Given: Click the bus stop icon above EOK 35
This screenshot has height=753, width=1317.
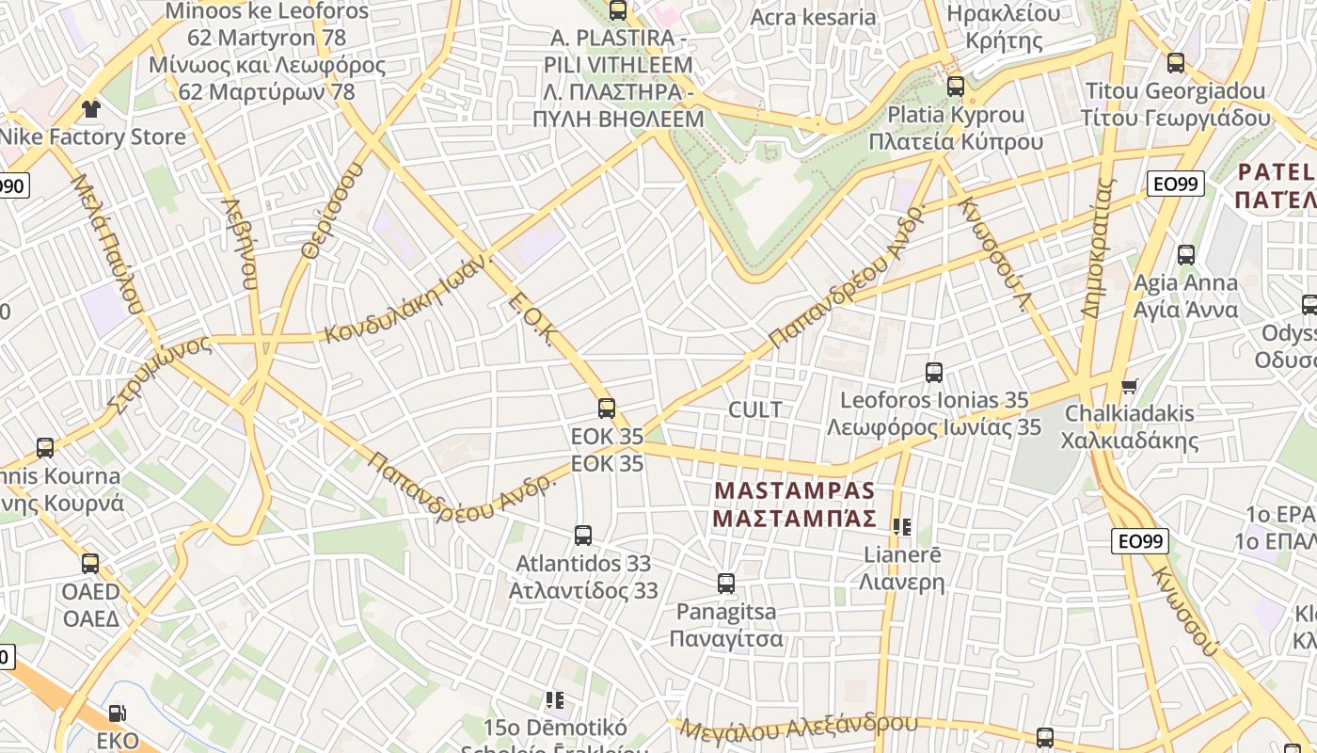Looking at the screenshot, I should (607, 409).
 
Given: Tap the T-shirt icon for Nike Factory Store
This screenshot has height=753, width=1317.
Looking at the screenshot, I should (90, 109).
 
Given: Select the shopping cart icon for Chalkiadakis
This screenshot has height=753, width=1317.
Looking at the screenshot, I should (1129, 386).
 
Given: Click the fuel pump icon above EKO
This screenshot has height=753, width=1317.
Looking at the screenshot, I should (117, 714).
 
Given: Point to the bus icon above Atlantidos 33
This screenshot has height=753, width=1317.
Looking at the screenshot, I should (583, 536).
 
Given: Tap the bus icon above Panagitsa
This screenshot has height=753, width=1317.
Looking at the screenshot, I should (726, 584).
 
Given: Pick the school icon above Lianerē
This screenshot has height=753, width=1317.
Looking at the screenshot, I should (903, 527).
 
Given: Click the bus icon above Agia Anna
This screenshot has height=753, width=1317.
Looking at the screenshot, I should (1186, 254).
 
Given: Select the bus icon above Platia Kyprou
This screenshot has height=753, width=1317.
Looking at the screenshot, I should (956, 87).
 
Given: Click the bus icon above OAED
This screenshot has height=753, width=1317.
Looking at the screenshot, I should (90, 564).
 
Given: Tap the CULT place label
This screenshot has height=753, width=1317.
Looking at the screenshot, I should (755, 410).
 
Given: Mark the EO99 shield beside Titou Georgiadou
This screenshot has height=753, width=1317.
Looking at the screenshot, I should (1176, 184).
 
